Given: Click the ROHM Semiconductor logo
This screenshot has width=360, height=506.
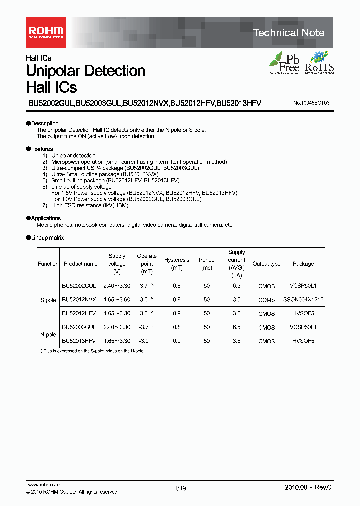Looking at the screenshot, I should point(45,32).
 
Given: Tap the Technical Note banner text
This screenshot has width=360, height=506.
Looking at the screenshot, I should point(289,33).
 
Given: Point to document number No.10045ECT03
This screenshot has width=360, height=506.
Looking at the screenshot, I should point(311,103).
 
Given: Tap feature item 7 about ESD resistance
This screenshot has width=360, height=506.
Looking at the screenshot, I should point(86,205).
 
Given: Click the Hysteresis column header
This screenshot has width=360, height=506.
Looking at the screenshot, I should point(177,260).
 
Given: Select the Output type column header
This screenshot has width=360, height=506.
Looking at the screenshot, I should point(266,264).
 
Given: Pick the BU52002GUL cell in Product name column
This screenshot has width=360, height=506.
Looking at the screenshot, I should point(79,286).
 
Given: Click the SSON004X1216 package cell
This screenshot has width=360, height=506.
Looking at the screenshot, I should point(303,300).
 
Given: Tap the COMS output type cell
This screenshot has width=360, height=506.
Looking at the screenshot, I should point(266,300).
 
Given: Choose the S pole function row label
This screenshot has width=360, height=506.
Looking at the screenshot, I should point(48,300).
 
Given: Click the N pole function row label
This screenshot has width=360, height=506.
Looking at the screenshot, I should point(48,335).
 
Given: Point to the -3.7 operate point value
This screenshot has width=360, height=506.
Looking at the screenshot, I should point(143,327).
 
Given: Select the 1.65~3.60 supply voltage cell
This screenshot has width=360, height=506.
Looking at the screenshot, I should point(117,300).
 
